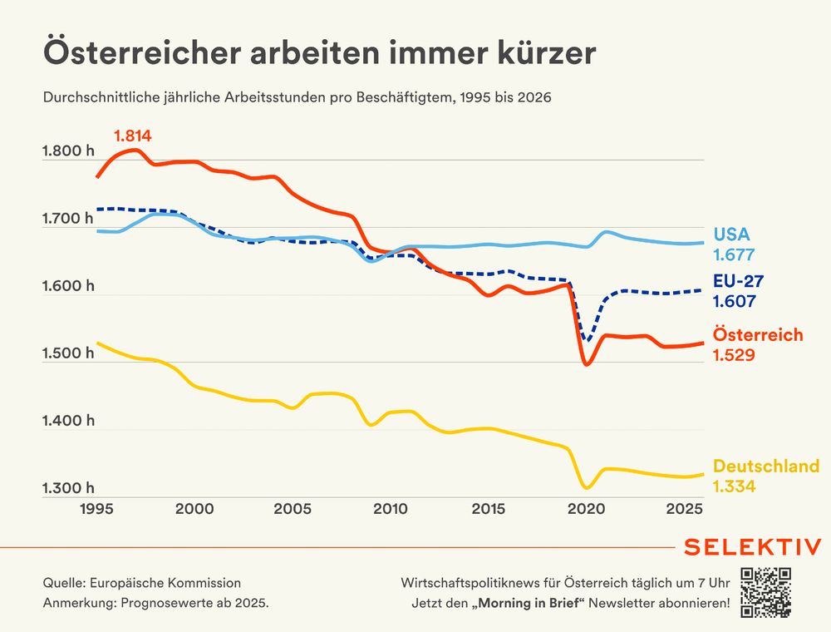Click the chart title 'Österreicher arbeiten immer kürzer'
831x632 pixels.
319,53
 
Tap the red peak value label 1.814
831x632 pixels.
133,135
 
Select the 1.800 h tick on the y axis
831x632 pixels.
68,151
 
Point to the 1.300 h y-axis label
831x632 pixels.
68,488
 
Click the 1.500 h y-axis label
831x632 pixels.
68,353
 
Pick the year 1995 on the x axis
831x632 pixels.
97,509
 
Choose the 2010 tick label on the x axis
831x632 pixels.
389,509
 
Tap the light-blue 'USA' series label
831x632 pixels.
732,235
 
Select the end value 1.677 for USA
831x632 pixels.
734,254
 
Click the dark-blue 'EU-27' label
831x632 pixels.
738,281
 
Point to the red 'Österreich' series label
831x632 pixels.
758,335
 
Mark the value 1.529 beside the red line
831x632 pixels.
734,355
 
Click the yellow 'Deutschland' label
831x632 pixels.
766,467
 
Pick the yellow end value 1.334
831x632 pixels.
734,486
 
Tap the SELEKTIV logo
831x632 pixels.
752,547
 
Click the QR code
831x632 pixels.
765,593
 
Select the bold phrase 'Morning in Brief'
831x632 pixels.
526,603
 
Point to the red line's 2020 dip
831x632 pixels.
587,364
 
